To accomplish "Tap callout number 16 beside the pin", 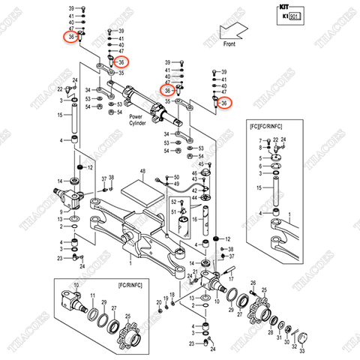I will pos(193,220).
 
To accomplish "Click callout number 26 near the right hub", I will pos(253,283).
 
